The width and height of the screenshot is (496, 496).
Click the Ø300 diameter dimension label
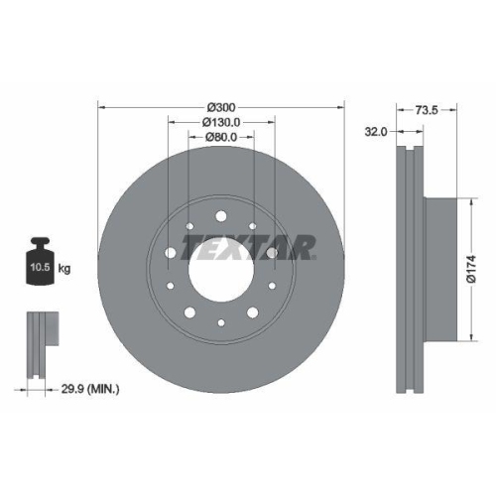coord(220,105)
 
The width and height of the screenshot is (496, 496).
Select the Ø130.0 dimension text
coord(220,122)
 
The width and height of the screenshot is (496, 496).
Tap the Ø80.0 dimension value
coord(220,138)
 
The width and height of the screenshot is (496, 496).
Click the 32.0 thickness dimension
coord(376,130)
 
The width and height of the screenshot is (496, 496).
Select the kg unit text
coord(64,269)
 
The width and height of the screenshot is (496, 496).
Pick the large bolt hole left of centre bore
coord(171,254)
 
